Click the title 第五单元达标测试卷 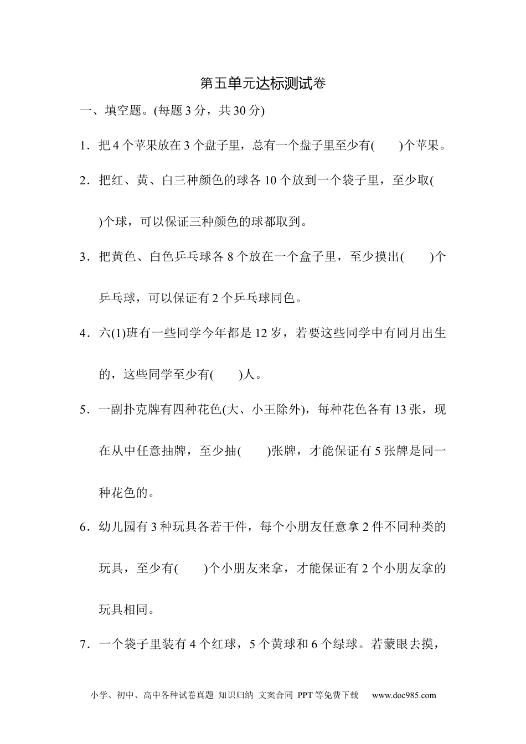(262, 84)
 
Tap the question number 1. (84, 146)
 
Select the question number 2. (84, 181)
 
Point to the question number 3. (84, 257)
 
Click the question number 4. (84, 334)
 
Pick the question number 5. (84, 410)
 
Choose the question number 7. (84, 644)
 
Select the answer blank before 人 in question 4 (227, 375)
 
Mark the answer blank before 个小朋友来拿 (190, 569)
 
